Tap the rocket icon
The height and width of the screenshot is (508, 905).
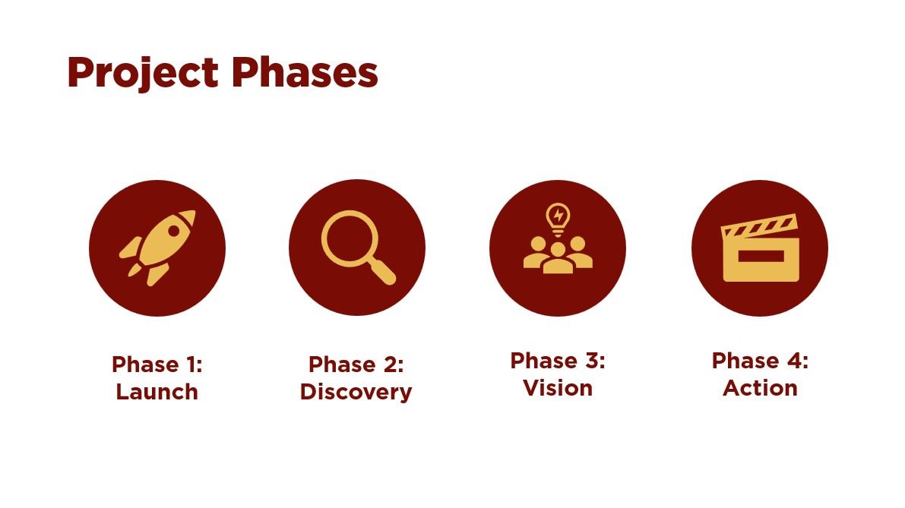point(157,247)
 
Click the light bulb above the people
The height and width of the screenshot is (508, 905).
point(558,216)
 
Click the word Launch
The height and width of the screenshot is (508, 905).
point(157,392)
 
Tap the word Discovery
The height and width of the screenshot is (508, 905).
point(356,392)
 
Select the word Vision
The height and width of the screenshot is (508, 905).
point(558,388)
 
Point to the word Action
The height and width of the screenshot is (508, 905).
point(760,388)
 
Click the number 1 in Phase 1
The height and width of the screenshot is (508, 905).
point(192,364)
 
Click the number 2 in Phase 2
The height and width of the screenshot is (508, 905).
point(391,364)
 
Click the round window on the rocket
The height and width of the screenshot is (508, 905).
point(175,228)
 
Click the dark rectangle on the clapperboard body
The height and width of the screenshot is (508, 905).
point(760,258)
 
